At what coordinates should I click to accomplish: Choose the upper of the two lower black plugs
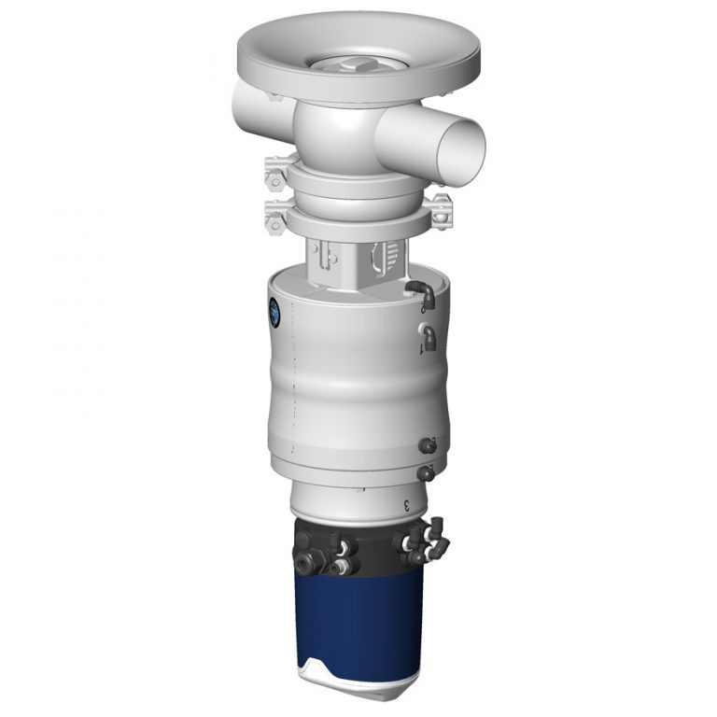point(429,444)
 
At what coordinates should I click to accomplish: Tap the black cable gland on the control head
point(309,562)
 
